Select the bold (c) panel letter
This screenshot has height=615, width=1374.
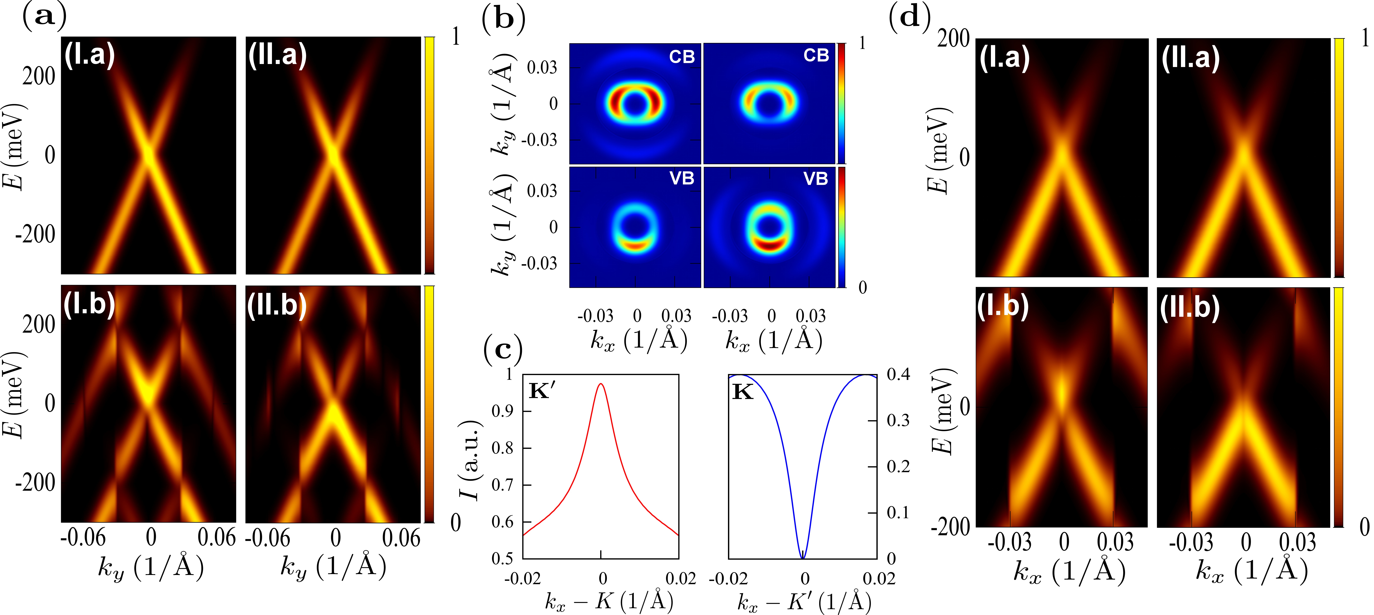tap(502, 350)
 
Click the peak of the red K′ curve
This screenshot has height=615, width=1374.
tap(601, 383)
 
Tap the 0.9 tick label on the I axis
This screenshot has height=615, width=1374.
tap(502, 411)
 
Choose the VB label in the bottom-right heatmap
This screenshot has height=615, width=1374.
tap(816, 179)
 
